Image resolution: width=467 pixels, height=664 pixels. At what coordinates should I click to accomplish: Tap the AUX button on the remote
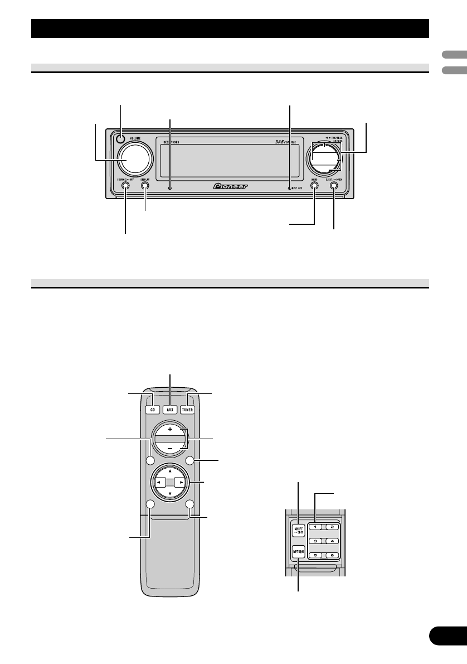click(x=171, y=408)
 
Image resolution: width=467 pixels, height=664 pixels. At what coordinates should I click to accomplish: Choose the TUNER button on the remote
click(x=189, y=408)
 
